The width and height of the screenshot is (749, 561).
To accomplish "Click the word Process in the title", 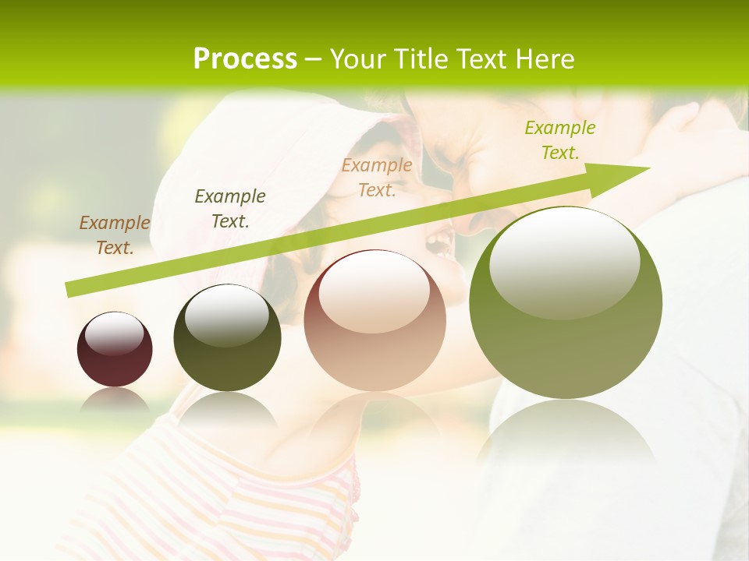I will click(x=245, y=59).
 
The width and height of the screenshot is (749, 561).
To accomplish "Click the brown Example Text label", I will click(x=115, y=235).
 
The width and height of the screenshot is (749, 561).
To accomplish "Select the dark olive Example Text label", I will click(x=230, y=208).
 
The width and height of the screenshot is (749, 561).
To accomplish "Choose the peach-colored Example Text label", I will click(x=377, y=177).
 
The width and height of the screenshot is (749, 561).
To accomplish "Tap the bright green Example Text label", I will click(x=560, y=140).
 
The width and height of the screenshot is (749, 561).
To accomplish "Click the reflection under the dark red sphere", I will click(x=115, y=400).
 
